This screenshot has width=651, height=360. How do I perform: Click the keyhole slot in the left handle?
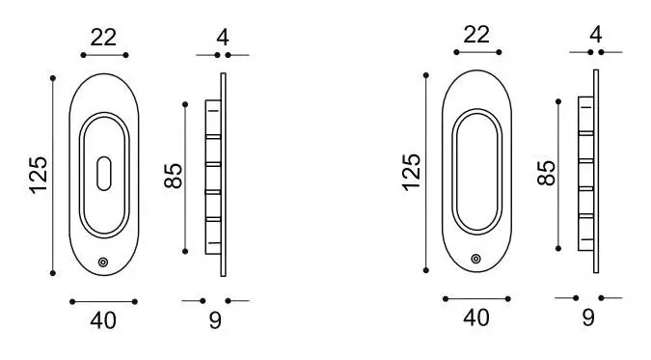pos(104,174)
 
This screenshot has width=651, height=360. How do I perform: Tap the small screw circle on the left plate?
pos(103,263)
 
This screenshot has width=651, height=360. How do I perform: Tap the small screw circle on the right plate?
pos(476,259)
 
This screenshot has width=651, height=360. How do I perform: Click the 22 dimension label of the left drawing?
pos(103,38)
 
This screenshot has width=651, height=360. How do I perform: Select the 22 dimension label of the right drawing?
pos(476,35)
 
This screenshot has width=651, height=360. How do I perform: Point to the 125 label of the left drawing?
pos(39,175)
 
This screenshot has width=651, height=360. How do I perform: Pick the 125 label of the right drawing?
pos(412,173)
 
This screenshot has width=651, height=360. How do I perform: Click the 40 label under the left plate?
pos(103,320)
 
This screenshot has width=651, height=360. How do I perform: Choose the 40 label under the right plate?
pos(476,318)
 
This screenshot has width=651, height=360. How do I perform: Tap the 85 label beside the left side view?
pos(174,176)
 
